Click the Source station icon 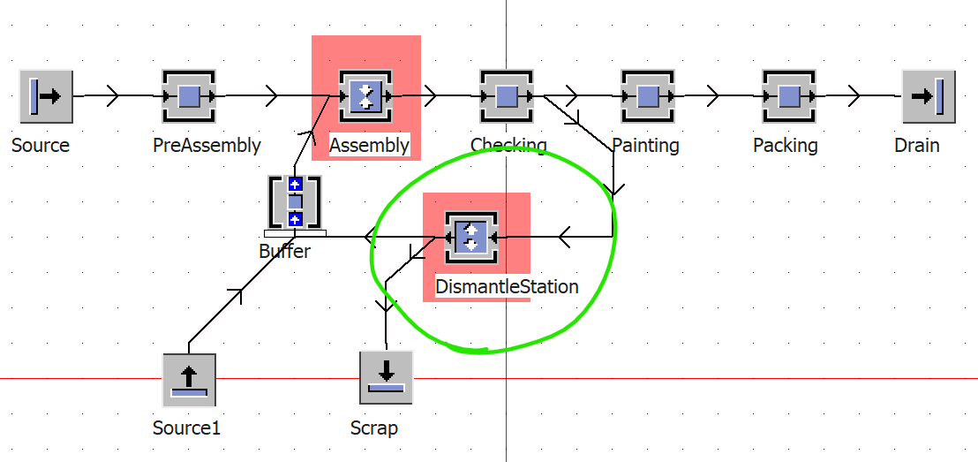pos(46,96)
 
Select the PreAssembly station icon pos(188,96)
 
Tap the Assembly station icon pos(365,96)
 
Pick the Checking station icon pos(507,96)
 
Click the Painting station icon pos(648,96)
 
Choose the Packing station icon pos(789,96)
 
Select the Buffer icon pos(295,202)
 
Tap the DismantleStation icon pos(471,238)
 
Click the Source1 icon pos(189,380)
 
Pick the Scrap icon pos(386,377)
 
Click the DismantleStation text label pos(507,286)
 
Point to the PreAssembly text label pos(207,146)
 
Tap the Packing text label pos(786,146)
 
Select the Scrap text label pos(374,428)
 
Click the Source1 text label pos(186,428)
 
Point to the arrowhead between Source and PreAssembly pos(113,96)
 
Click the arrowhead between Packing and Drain pos(854,96)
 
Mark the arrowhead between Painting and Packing pos(712,96)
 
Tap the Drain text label pos(917,146)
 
